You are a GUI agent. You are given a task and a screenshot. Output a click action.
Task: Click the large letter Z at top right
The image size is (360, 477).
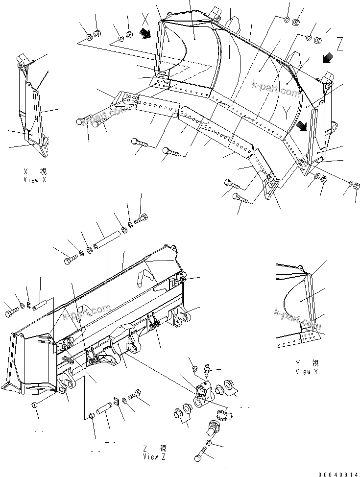pos(340,45)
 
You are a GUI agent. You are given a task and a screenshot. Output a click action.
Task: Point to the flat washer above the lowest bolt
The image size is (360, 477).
pos(209,442)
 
